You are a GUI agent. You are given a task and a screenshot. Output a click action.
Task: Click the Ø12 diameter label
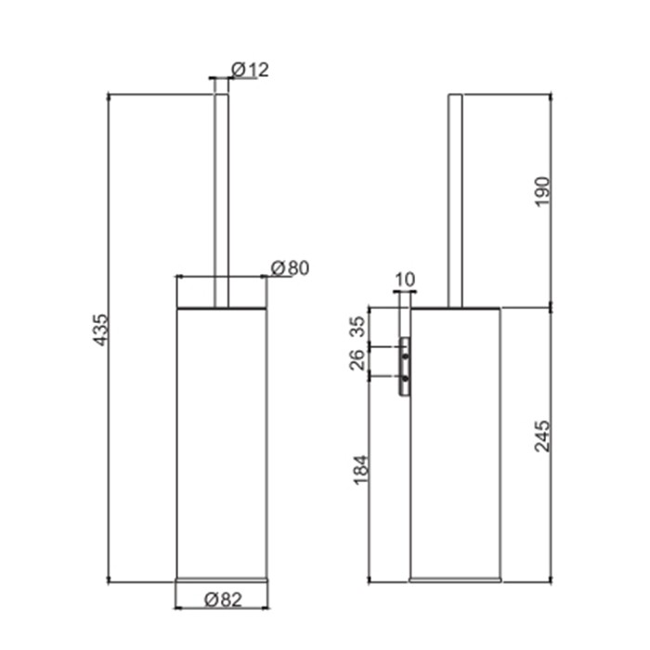250,70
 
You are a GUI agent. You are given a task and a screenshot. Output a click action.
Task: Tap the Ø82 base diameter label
222,600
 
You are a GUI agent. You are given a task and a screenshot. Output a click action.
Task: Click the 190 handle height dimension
543,191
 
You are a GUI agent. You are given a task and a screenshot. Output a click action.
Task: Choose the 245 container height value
543,437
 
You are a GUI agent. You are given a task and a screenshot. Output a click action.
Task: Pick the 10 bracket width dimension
404,279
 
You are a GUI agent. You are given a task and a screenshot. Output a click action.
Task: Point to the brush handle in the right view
456,200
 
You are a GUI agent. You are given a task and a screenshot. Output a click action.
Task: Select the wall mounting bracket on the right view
405,368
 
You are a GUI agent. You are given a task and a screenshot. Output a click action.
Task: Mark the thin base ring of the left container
222,578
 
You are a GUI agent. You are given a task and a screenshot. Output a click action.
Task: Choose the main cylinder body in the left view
222,436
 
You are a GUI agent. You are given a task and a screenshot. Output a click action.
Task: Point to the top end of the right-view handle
456,97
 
